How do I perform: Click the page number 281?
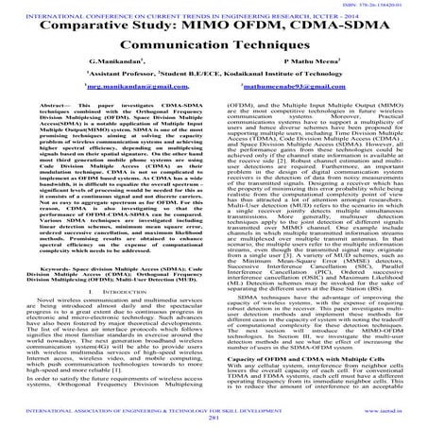(214, 419)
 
